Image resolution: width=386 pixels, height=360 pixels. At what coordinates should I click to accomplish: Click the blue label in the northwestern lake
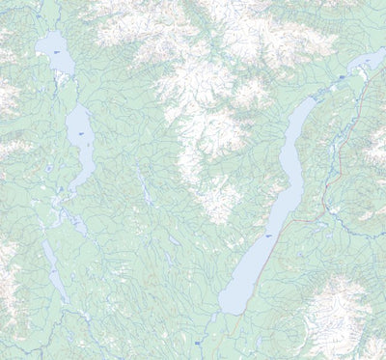(58, 50)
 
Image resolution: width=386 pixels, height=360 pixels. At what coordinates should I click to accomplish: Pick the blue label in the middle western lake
(81, 133)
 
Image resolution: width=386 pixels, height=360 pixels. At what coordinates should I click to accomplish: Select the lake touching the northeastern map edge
(368, 62)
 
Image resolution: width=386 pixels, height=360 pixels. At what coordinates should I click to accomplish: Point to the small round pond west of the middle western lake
(49, 168)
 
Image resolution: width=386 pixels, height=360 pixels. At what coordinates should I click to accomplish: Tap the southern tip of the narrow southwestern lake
(63, 299)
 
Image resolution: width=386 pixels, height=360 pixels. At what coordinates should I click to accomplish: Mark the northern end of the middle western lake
(73, 106)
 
